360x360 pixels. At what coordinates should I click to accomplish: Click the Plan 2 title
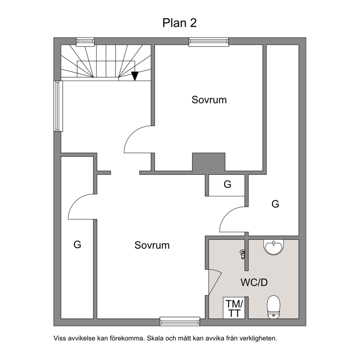(x=180, y=23)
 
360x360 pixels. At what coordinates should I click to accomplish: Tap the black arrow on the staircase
(x=135, y=76)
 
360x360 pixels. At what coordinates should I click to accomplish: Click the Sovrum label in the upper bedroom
(x=209, y=100)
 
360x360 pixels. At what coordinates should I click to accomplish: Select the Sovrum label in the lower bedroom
(x=152, y=245)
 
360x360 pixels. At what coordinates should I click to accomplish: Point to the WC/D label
(x=254, y=282)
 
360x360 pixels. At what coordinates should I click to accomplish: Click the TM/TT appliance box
(x=234, y=308)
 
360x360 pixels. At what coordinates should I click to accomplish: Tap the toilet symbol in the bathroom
(x=274, y=307)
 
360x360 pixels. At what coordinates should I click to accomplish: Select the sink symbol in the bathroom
(x=274, y=247)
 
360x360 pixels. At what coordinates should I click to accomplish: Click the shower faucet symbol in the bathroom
(x=242, y=254)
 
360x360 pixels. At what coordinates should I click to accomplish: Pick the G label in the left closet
(x=77, y=245)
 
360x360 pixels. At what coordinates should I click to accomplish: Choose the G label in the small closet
(x=228, y=184)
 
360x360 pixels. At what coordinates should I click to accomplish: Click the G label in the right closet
(x=275, y=204)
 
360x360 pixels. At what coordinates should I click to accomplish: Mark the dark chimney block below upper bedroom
(x=209, y=162)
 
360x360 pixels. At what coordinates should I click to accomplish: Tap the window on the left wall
(x=58, y=106)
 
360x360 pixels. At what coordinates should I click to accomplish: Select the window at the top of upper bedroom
(x=209, y=41)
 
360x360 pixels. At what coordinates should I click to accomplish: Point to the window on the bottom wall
(x=180, y=322)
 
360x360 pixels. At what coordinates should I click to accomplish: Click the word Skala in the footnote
(x=155, y=338)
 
